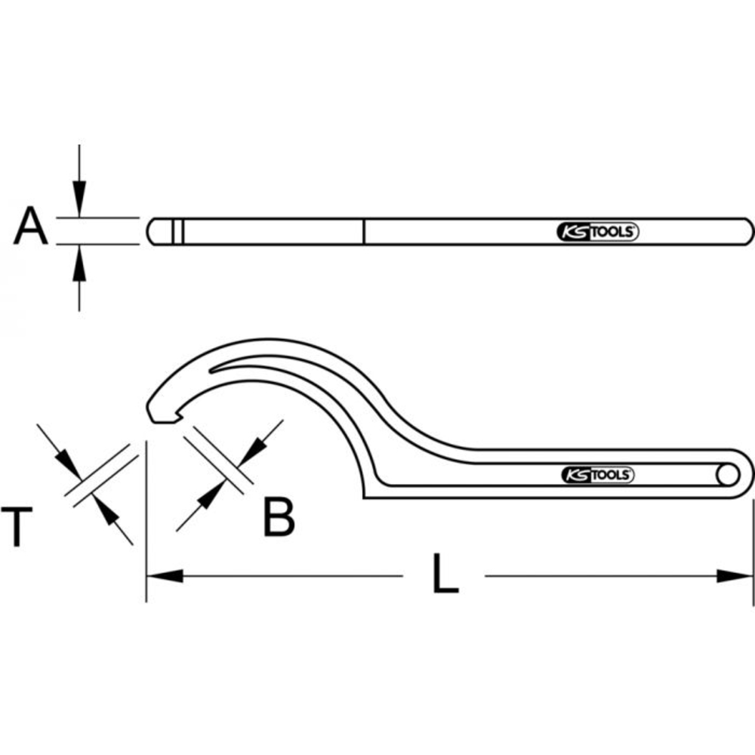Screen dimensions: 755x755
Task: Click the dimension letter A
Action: pyautogui.click(x=30, y=228)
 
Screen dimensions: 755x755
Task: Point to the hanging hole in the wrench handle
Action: pyautogui.click(x=728, y=475)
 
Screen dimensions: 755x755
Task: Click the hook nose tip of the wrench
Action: pyautogui.click(x=160, y=415)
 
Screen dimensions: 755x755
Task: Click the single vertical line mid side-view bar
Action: pyautogui.click(x=363, y=232)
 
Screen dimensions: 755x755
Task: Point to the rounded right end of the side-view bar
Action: pyautogui.click(x=747, y=232)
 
